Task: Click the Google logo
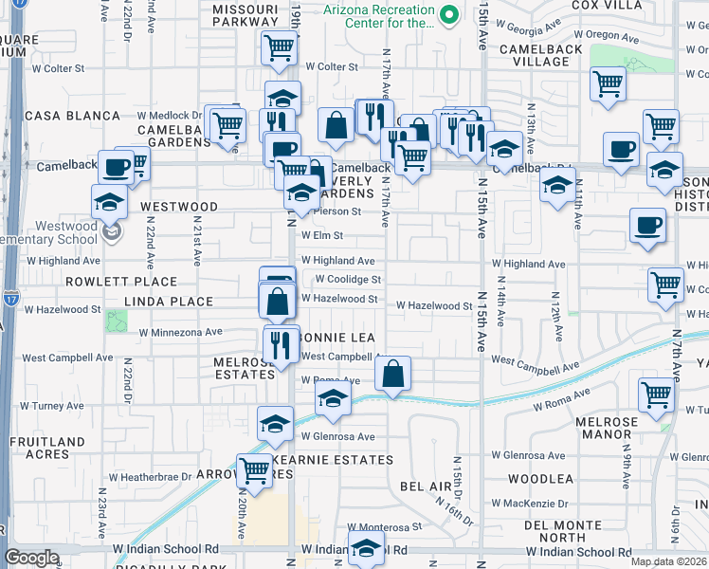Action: point(32,558)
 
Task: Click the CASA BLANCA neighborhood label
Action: point(59,116)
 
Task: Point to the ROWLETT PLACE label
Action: point(121,282)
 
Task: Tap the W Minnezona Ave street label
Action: point(180,333)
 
